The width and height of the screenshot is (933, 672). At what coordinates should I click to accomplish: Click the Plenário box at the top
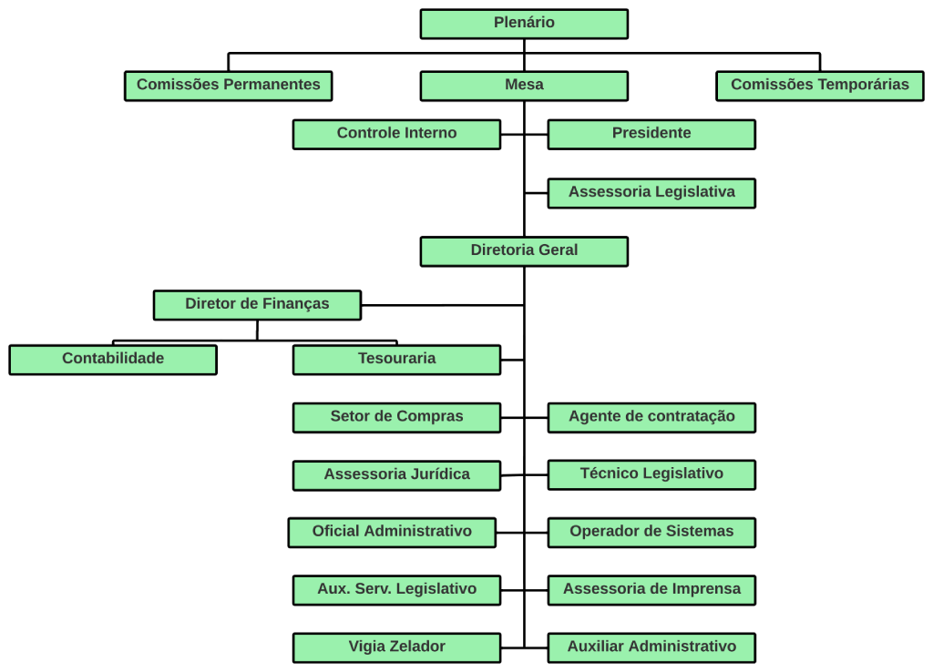(x=524, y=24)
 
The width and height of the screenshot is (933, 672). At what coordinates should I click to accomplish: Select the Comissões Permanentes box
(x=228, y=86)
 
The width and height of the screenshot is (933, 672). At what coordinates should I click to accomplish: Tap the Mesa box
(x=524, y=86)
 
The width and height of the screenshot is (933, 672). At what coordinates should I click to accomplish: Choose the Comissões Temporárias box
(x=819, y=86)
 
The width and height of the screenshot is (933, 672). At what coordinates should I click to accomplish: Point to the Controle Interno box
(x=396, y=134)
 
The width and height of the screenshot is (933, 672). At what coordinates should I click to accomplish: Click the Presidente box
(x=651, y=134)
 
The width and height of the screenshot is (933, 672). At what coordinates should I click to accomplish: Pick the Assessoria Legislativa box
(x=651, y=193)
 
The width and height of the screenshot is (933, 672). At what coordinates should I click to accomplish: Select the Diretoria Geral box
(x=524, y=251)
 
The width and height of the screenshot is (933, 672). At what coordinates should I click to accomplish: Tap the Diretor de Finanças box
(x=257, y=305)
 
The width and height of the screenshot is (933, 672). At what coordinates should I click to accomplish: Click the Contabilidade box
(x=113, y=360)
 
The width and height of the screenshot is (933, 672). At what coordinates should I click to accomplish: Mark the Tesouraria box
(x=396, y=360)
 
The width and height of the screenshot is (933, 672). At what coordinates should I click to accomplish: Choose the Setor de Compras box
(x=396, y=417)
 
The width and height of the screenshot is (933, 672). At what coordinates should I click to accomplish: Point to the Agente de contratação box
(x=651, y=417)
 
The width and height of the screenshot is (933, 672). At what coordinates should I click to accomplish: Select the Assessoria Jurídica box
(x=396, y=475)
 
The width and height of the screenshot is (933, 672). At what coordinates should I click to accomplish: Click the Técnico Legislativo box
(x=651, y=474)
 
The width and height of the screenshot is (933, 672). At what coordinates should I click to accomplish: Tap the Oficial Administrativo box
(x=392, y=532)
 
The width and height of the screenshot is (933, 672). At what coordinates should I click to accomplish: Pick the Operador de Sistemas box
(x=651, y=532)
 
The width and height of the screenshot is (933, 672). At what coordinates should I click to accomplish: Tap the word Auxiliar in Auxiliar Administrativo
(x=596, y=647)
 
